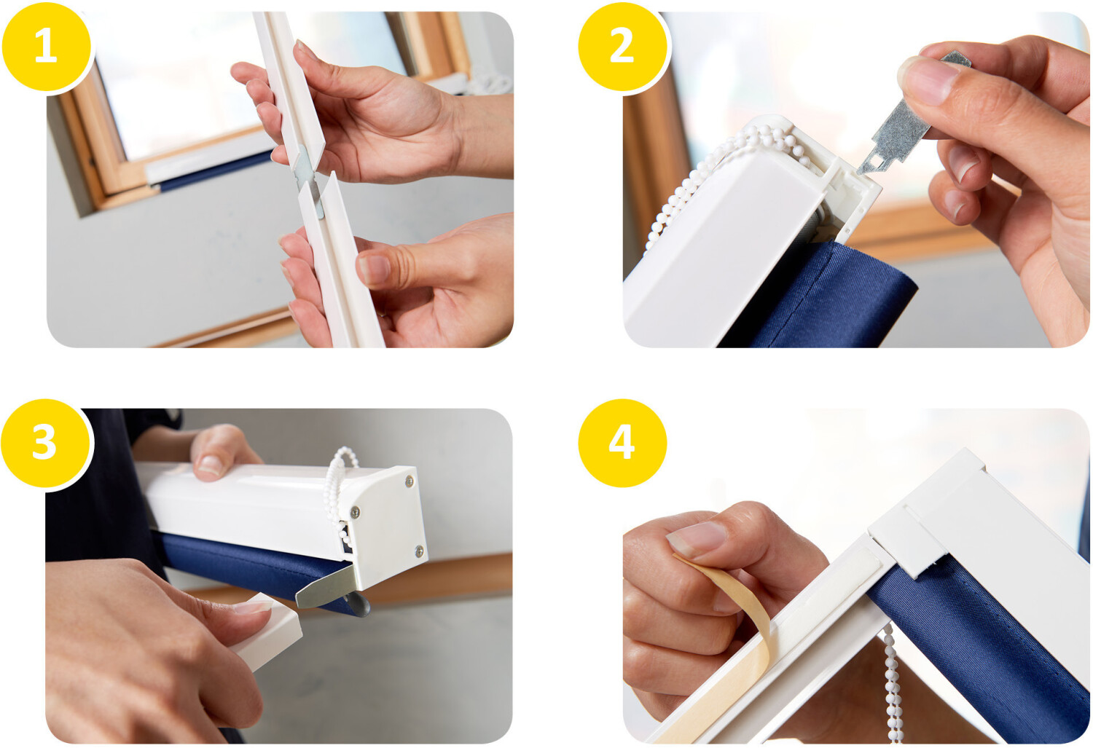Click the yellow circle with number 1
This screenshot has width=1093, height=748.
pyautogui.click(x=47, y=46)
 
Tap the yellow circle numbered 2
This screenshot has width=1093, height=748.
pyautogui.click(x=622, y=46)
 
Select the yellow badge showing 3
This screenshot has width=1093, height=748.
pyautogui.click(x=45, y=443)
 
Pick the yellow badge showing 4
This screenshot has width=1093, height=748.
pyautogui.click(x=622, y=443)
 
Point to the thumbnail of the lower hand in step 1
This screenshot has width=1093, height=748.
pyautogui.click(x=374, y=269)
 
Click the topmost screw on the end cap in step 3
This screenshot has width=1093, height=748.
pyautogui.click(x=410, y=481)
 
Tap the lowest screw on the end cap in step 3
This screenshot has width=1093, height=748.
pyautogui.click(x=419, y=551)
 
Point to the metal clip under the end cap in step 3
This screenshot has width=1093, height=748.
pyautogui.click(x=324, y=591)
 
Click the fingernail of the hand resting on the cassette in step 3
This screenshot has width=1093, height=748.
pyautogui.click(x=211, y=465)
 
